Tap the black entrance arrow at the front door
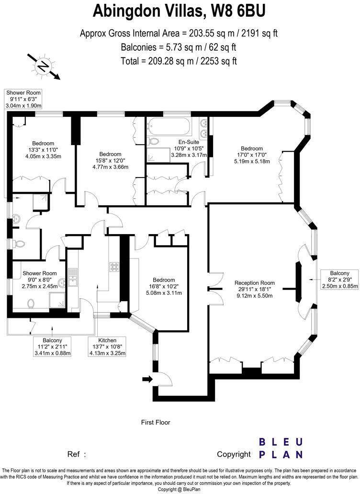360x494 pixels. tap(147, 379)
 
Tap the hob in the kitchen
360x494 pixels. tap(115, 266)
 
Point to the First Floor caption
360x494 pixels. tap(156, 422)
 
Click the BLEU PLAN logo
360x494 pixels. tap(281, 448)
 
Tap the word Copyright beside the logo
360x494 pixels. tap(233, 454)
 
